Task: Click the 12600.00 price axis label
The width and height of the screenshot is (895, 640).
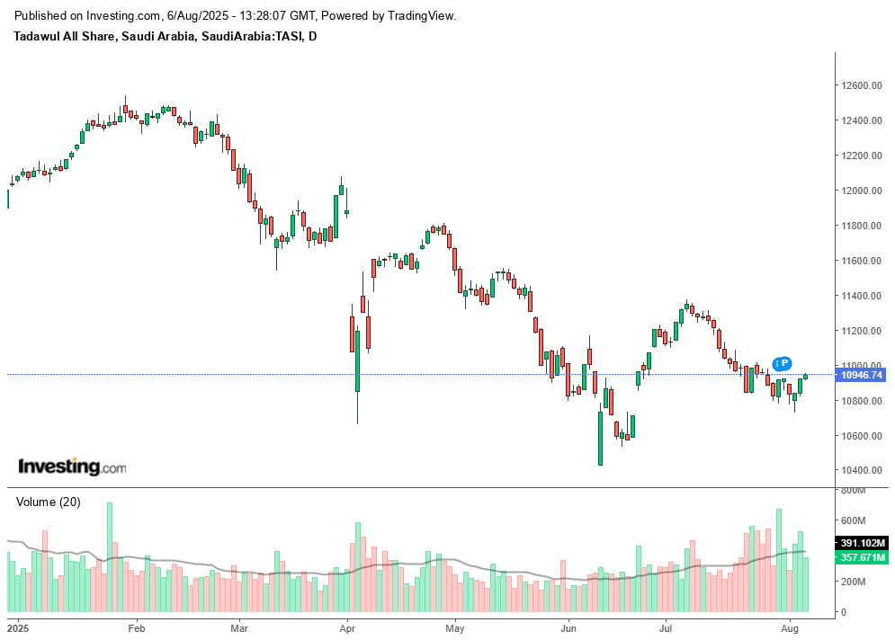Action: (861, 85)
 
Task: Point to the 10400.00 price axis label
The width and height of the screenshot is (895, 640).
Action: (861, 470)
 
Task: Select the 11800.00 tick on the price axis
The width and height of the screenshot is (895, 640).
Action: (861, 226)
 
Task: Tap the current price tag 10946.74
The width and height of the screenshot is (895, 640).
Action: (862, 375)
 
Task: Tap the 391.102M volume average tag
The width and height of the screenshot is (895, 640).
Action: (864, 543)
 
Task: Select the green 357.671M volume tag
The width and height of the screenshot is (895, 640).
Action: (864, 558)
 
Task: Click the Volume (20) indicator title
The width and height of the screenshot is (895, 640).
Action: (48, 502)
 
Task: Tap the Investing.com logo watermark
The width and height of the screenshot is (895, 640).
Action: (72, 467)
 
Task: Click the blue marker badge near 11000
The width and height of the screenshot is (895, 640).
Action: (782, 363)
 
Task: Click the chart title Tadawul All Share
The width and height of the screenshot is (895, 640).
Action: (64, 36)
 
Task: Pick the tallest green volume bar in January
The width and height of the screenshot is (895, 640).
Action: (110, 556)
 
